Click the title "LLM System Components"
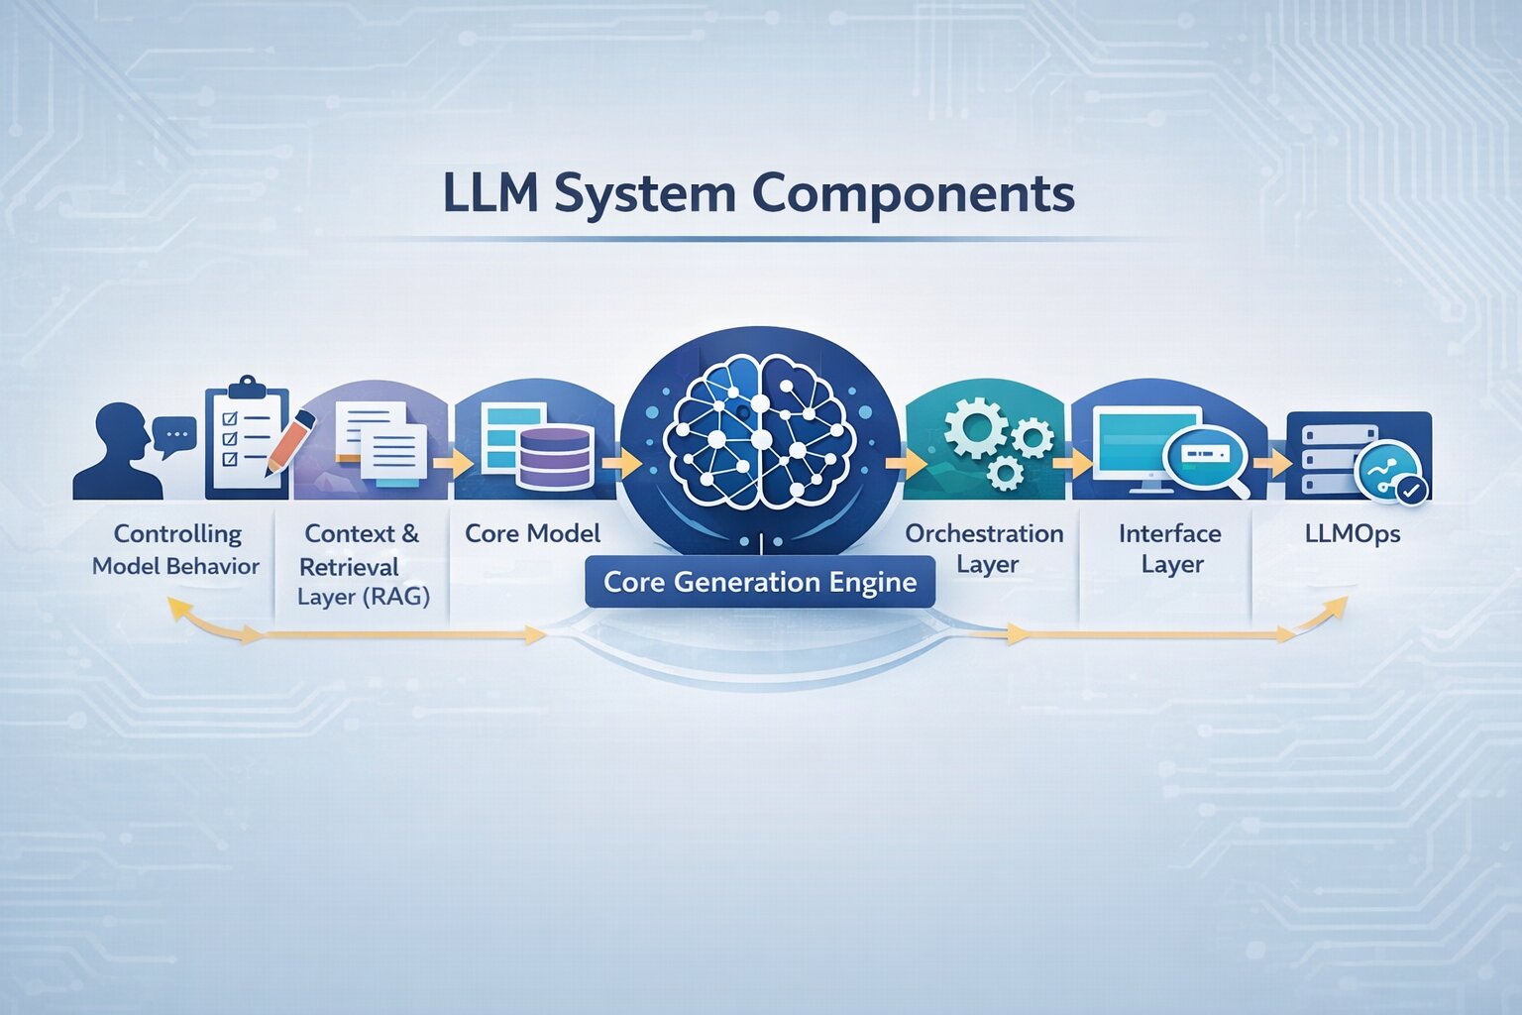tap(758, 193)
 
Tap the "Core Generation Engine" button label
tap(760, 582)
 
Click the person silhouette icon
tap(118, 453)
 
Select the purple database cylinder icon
tap(555, 457)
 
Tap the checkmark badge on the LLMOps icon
tap(1410, 489)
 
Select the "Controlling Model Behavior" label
tap(176, 549)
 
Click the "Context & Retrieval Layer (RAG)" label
tap(363, 565)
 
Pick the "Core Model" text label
tap(532, 533)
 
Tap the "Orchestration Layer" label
tap(984, 548)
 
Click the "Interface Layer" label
tap(1170, 548)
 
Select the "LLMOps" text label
tap(1353, 533)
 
